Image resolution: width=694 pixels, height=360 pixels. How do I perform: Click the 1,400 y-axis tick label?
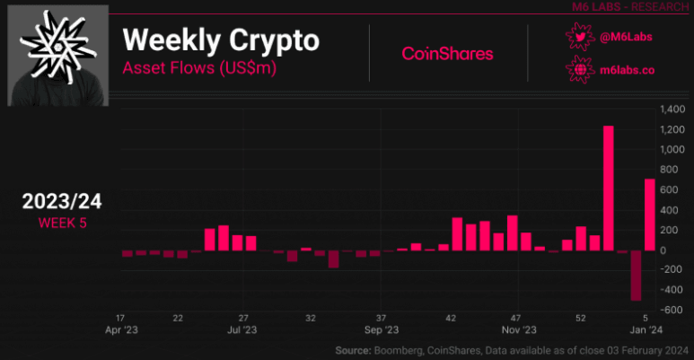click(x=672, y=110)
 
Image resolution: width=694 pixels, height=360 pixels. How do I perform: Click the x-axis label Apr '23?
click(x=120, y=330)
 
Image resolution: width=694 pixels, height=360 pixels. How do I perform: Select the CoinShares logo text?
click(x=447, y=54)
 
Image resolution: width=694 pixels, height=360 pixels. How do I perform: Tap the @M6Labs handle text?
click(x=625, y=37)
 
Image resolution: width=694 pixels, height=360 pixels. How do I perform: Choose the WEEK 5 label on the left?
click(x=62, y=223)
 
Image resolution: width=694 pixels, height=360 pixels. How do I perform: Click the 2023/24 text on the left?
click(x=62, y=202)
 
